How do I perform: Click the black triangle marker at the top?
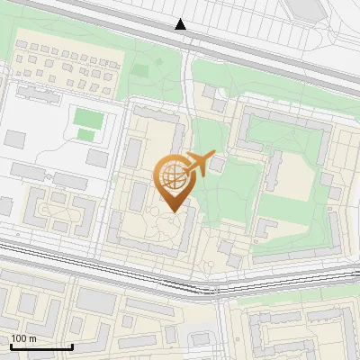click(181, 24)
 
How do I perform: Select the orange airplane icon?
click(200, 163)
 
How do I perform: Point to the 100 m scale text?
click(23, 338)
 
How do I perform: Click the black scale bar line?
click(41, 346)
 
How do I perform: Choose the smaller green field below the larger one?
click(85, 135)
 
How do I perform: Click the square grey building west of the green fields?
click(16, 139)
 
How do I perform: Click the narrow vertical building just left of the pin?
click(133, 153)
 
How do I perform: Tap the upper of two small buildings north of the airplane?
click(210, 92)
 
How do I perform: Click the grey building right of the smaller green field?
click(97, 158)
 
